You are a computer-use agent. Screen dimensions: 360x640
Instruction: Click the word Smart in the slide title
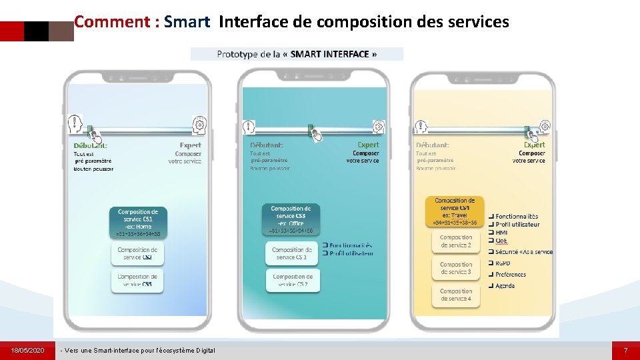(187, 22)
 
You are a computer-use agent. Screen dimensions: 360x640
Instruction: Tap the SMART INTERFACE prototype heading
(297, 54)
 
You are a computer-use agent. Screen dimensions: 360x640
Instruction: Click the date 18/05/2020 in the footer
(27, 350)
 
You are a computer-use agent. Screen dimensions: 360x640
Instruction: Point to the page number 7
(625, 350)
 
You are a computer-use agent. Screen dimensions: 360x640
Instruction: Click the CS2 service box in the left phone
(138, 253)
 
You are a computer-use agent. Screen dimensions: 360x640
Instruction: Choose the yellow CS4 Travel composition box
(455, 211)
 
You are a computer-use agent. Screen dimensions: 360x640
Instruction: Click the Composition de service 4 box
(456, 295)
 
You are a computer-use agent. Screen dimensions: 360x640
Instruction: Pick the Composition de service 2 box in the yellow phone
(456, 241)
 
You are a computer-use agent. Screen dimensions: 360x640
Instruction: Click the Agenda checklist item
(504, 285)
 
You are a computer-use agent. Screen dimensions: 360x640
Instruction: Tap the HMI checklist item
(501, 233)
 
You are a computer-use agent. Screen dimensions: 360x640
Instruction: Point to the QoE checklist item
(501, 241)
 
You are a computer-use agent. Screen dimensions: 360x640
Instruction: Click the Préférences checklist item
(510, 274)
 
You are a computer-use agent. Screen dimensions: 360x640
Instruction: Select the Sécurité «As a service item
(523, 251)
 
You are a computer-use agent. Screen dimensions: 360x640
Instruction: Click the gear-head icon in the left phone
(199, 124)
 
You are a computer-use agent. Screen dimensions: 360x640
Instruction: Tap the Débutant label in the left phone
(90, 145)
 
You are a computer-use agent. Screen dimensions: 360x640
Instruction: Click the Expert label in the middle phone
(368, 144)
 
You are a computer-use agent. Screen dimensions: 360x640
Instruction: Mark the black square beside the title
(36, 31)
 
